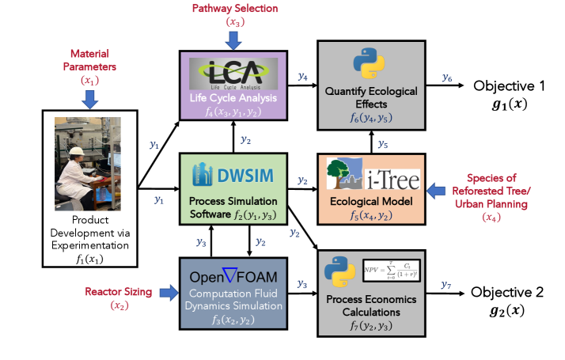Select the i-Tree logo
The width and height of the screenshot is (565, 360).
(x=370, y=174)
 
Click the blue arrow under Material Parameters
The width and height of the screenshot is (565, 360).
(x=90, y=100)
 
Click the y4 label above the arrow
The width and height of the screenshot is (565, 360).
(x=303, y=76)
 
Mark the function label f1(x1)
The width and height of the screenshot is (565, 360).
(x=89, y=256)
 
